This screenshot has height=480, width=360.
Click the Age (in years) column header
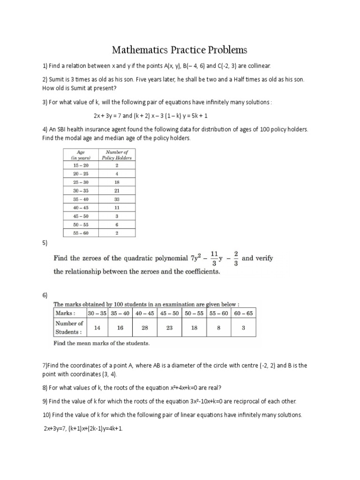click(x=80, y=155)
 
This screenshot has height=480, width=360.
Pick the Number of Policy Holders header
click(x=116, y=155)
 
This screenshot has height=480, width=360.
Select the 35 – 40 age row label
click(x=80, y=199)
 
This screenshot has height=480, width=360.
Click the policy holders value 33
click(x=116, y=199)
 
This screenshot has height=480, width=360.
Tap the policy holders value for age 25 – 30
click(x=116, y=182)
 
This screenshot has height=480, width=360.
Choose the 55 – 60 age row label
click(x=80, y=232)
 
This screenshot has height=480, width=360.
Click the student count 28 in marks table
click(x=145, y=328)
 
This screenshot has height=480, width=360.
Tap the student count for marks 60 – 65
click(x=244, y=328)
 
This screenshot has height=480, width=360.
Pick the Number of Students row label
click(x=69, y=328)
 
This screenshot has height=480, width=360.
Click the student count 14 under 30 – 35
click(x=97, y=328)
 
